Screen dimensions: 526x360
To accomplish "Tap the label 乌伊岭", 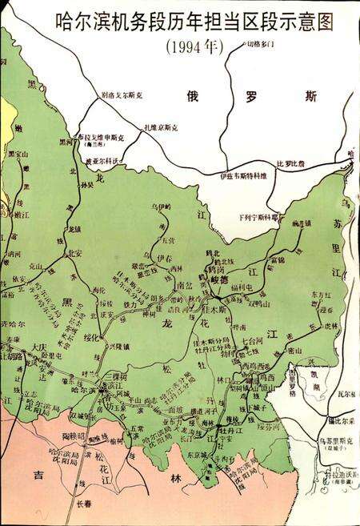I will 162,207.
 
